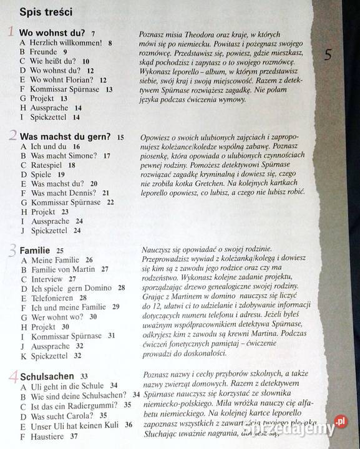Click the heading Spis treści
pyautogui.click(x=46, y=12)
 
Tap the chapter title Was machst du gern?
pyautogui.click(x=66, y=137)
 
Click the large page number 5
pyautogui.click(x=328, y=55)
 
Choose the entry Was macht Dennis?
pyautogui.click(x=64, y=193)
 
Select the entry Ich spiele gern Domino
pyautogui.click(x=72, y=288)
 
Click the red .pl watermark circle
pyautogui.click(x=341, y=422)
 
